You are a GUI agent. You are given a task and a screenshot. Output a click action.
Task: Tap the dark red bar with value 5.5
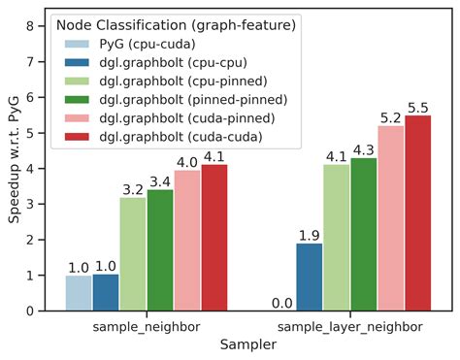[418, 213]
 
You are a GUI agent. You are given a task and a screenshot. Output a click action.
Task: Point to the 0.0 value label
[282, 303]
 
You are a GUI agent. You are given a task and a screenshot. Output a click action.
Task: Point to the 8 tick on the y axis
[38, 26]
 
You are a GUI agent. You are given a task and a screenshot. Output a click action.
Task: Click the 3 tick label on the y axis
[38, 204]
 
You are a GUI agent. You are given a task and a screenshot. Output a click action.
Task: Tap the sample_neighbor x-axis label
[147, 326]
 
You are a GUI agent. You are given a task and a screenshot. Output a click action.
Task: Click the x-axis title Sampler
[248, 344]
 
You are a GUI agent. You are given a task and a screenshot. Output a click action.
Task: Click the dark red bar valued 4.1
[214, 238]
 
